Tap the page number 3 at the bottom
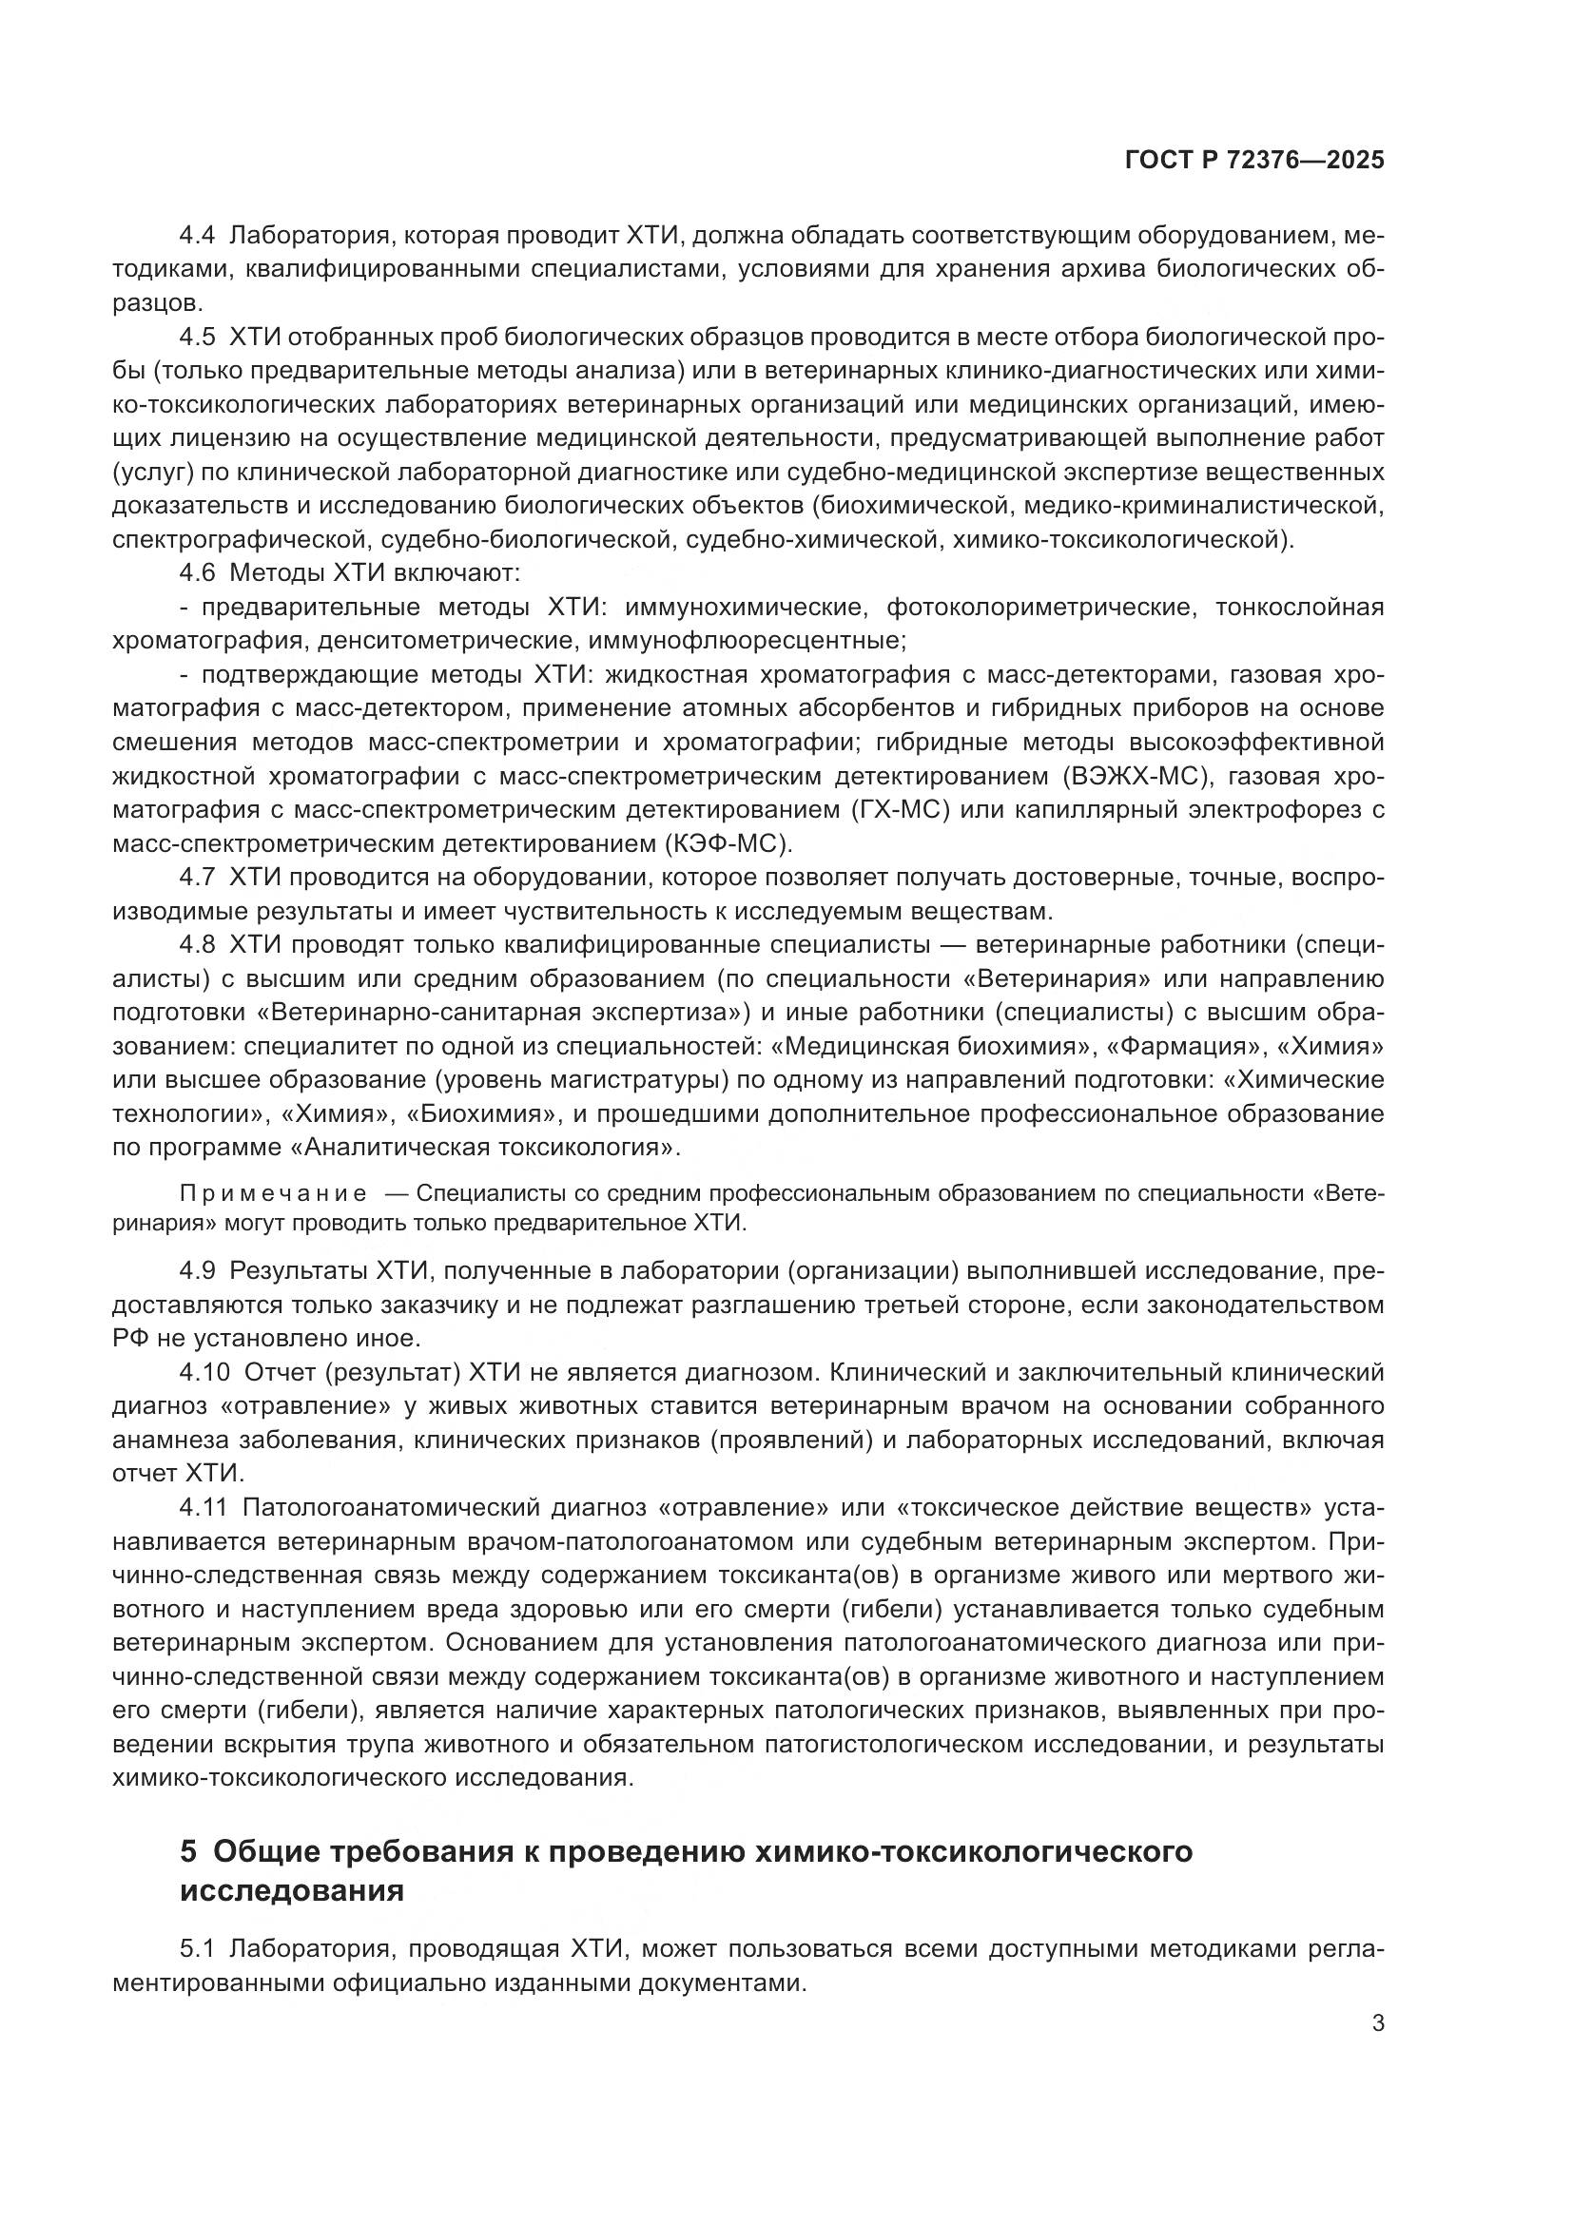[x=1378, y=2022]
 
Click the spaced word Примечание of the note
[x=273, y=1193]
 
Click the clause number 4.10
[x=204, y=1372]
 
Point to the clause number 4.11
[x=203, y=1507]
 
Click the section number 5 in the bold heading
[x=189, y=1852]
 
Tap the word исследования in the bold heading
[x=292, y=1890]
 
